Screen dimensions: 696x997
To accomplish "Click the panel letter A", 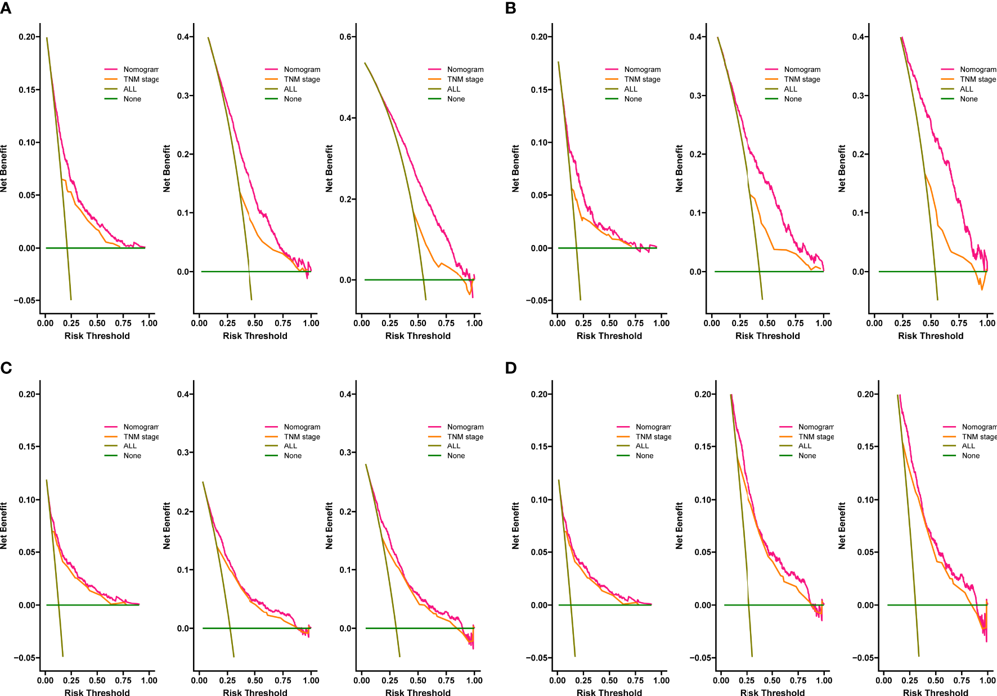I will (6, 8).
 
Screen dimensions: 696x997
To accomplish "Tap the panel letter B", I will (510, 8).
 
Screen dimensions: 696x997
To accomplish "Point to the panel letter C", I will (6, 368).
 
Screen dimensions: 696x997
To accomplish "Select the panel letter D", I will (511, 368).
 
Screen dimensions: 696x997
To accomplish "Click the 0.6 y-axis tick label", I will (345, 37).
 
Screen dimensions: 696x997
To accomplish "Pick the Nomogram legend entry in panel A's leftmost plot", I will (141, 70).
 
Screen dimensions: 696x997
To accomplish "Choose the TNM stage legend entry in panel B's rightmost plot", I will (978, 79).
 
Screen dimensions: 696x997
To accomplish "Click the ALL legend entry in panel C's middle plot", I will (290, 446).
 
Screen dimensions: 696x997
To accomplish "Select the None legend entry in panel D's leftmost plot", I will (644, 456).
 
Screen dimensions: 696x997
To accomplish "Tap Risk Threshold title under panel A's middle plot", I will (255, 336).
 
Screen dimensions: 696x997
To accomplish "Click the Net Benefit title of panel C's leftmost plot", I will (5, 525).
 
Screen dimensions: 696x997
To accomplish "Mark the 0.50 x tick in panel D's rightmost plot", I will (936, 680).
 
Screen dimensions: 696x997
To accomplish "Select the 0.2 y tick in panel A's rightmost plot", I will (345, 199).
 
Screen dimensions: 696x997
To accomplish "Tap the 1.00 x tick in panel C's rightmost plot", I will (474, 680).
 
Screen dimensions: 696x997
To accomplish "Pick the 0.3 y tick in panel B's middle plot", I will (696, 96).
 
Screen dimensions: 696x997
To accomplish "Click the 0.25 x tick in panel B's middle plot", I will (739, 323).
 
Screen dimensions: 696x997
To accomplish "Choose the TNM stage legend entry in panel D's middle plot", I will (816, 437).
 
